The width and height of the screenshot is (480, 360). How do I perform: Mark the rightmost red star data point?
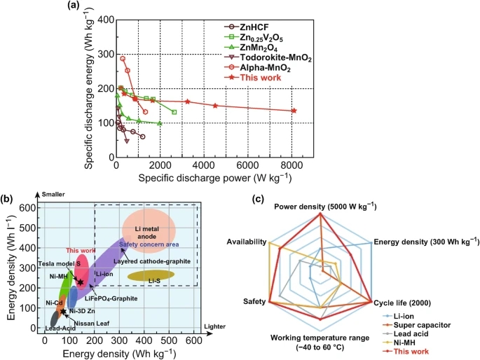click(294, 111)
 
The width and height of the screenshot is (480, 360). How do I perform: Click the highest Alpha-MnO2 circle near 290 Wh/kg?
click(123, 59)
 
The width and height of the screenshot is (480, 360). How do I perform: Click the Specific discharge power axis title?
click(204, 179)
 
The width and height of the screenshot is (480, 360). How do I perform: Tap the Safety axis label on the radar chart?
click(254, 303)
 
